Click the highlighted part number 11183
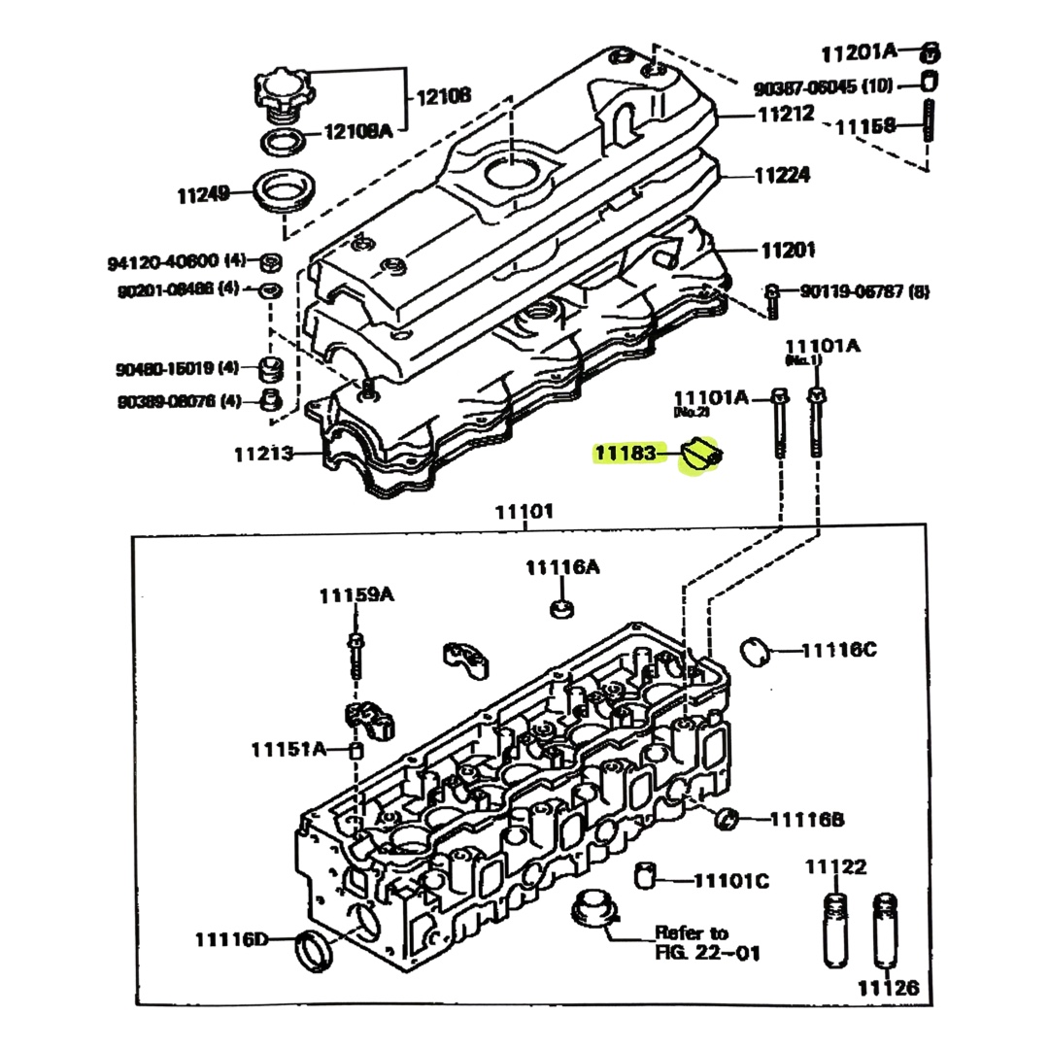click(626, 453)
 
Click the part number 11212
click(786, 114)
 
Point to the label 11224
click(783, 176)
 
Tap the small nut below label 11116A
click(560, 609)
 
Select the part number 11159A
click(356, 595)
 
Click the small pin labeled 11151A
click(355, 750)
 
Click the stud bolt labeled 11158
click(929, 129)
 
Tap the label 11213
click(263, 453)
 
